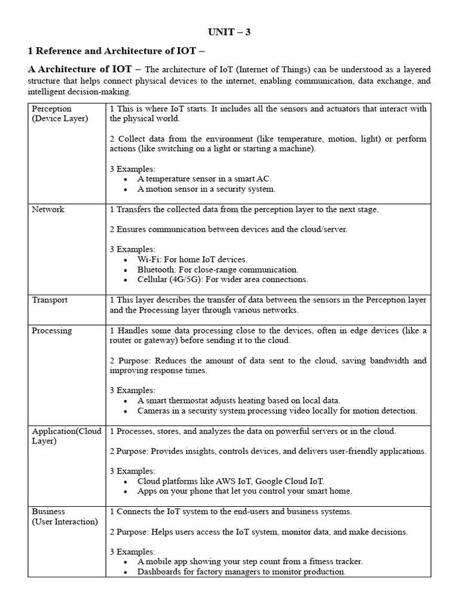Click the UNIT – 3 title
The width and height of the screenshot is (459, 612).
pos(229,32)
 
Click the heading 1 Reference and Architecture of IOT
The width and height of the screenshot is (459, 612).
pos(117,51)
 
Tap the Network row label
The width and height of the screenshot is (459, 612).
pos(48,210)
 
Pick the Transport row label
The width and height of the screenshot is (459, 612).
pos(50,300)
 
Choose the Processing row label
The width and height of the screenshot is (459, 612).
pos(52,331)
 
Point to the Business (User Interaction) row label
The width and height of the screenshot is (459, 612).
pos(65,516)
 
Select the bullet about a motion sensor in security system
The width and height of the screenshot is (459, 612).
pos(206,189)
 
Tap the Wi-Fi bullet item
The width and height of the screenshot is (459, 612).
pos(192,259)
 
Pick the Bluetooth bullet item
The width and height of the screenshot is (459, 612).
pos(218,270)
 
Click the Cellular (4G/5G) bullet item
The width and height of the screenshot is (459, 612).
pos(222,279)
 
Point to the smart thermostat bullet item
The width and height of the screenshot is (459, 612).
pos(238,400)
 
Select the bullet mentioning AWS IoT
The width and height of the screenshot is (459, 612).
pos(231,481)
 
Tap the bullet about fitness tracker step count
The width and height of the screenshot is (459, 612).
pos(250,562)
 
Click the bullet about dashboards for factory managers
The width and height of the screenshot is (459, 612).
pos(241,572)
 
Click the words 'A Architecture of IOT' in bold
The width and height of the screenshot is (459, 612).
pos(79,70)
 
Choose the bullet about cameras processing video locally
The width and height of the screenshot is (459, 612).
pos(277,411)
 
